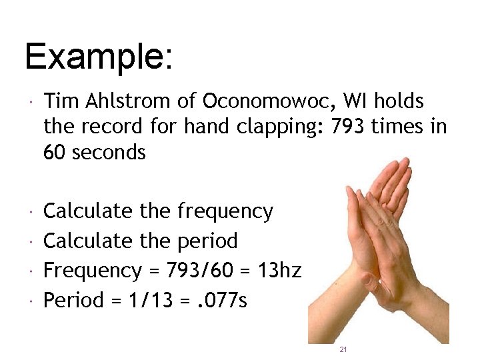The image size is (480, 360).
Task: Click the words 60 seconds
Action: [94, 152]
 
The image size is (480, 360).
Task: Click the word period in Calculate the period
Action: [207, 241]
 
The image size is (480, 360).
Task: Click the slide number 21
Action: [343, 349]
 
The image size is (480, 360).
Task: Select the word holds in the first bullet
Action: [399, 101]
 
